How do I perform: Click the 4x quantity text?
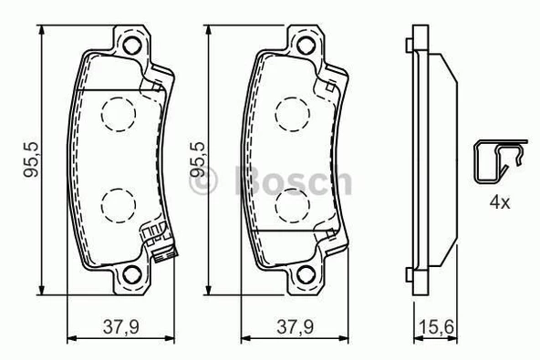pos(499,203)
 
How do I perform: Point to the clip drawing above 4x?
pos(497,164)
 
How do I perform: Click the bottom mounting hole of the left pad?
pos(133,274)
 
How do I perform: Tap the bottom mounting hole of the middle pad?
pos(306,274)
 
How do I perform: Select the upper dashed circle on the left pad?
pos(117,112)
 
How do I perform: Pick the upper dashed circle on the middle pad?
pos(291,112)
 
